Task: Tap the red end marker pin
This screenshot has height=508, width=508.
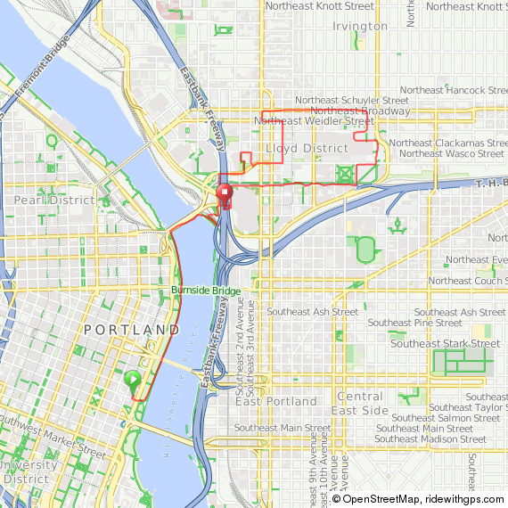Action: point(225,193)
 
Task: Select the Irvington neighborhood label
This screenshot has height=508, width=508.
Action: point(360,26)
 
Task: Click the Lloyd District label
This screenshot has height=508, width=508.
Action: point(307,147)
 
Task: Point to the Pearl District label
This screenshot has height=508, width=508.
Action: point(53,201)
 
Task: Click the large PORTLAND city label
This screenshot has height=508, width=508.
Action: point(131,330)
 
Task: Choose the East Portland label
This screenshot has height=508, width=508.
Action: point(276,401)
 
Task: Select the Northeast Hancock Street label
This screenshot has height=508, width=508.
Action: point(453,91)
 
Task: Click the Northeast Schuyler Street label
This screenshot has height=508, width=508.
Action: point(352,101)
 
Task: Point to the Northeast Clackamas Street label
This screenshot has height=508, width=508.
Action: point(447,143)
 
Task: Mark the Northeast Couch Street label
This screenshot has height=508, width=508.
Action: point(466,281)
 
